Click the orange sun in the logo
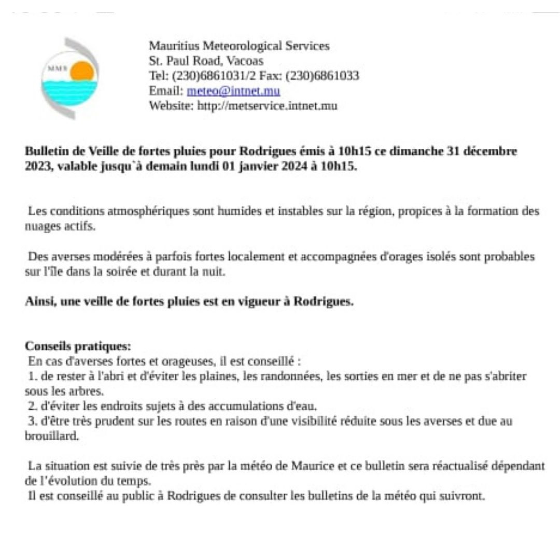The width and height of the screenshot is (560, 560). point(82,71)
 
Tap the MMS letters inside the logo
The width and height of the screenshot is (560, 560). point(54,68)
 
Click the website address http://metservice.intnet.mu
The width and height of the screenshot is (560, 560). point(267,106)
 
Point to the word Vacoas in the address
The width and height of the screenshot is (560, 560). point(245,61)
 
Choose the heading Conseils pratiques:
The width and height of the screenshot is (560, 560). point(78,346)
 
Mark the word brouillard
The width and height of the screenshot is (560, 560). point(51,436)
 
